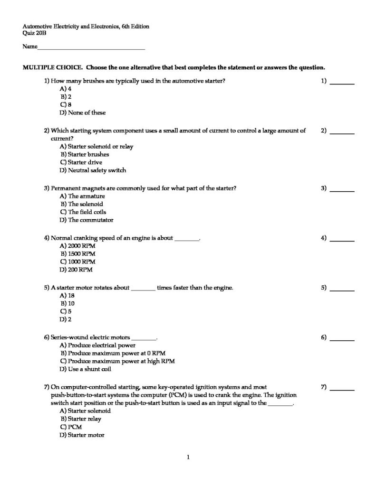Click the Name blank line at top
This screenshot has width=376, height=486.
pos(91,48)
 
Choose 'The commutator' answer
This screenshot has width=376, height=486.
pos(90,220)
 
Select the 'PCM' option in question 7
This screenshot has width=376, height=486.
pos(75,427)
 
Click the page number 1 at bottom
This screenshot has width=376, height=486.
pos(188,458)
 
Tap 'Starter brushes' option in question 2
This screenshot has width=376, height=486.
pos(88,154)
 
